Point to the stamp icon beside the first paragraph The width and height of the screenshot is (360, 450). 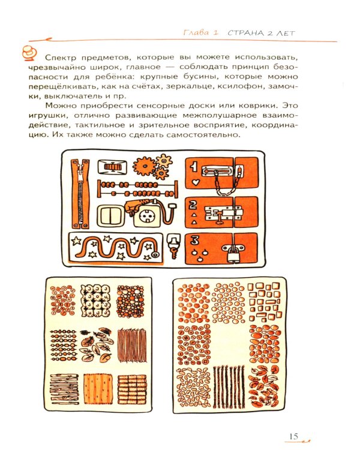[x=28, y=53]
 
